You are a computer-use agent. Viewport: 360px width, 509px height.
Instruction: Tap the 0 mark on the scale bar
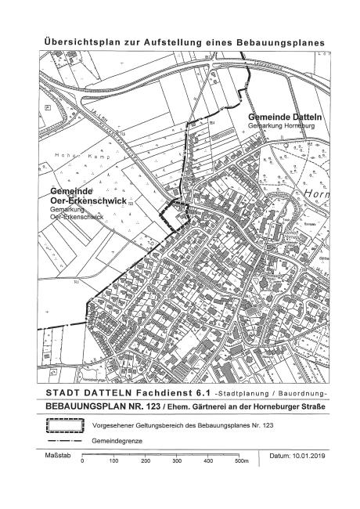pos(82,462)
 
